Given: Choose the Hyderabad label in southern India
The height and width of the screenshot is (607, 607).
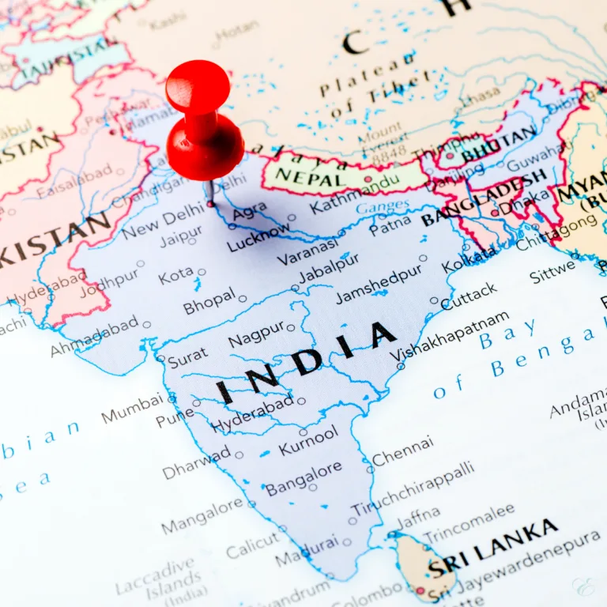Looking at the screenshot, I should [252, 414].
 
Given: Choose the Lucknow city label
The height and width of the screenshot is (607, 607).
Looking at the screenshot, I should [258, 237].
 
